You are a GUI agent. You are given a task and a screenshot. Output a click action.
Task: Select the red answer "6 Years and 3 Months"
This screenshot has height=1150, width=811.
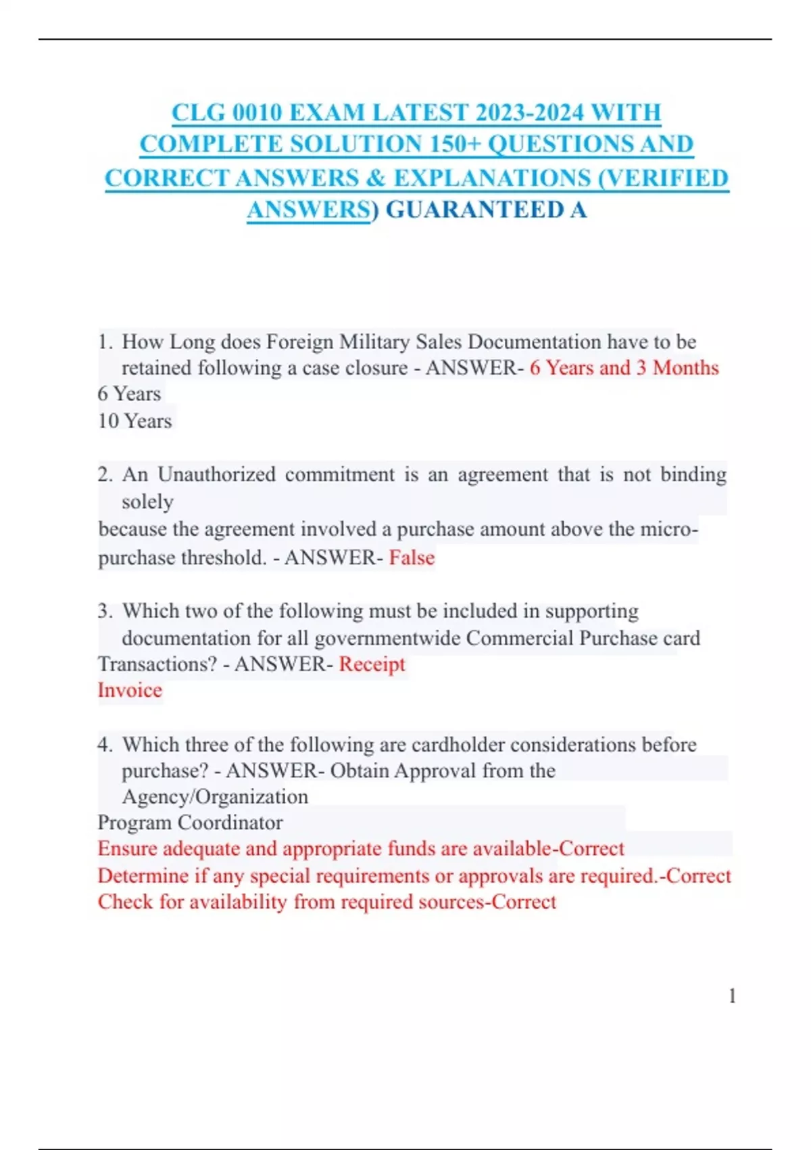click(x=624, y=367)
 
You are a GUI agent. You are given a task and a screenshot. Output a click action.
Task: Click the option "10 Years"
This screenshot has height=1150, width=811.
click(x=134, y=421)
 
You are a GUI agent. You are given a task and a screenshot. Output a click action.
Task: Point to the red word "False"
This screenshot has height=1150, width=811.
click(x=412, y=557)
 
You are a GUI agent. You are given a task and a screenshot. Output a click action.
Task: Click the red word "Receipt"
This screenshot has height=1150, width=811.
click(x=372, y=664)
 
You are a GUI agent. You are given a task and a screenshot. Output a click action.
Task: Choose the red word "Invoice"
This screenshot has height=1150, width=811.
click(x=130, y=690)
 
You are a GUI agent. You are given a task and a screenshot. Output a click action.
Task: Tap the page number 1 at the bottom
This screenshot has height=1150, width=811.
click(x=732, y=996)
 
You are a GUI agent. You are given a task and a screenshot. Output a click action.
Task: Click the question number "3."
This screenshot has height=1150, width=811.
click(x=105, y=611)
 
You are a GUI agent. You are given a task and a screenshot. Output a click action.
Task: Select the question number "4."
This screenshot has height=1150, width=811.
click(x=105, y=745)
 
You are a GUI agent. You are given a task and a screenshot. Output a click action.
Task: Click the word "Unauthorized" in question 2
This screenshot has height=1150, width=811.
click(x=216, y=474)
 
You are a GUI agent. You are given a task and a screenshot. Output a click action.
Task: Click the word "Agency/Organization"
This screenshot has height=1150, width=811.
click(x=215, y=796)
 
